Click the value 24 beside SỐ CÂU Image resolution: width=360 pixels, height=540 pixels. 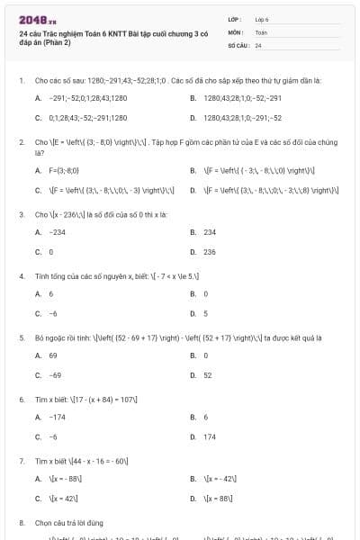point(258,44)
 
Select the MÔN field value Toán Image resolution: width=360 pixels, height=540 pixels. point(262,31)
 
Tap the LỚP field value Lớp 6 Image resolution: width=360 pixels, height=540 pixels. point(262,18)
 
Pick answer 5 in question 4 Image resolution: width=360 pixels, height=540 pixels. point(206,314)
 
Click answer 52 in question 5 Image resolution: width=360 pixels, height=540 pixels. point(208,375)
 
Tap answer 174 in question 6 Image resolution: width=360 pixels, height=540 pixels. point(210,436)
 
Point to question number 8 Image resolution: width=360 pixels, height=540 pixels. point(22,522)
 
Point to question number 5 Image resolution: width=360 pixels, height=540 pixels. point(22,337)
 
